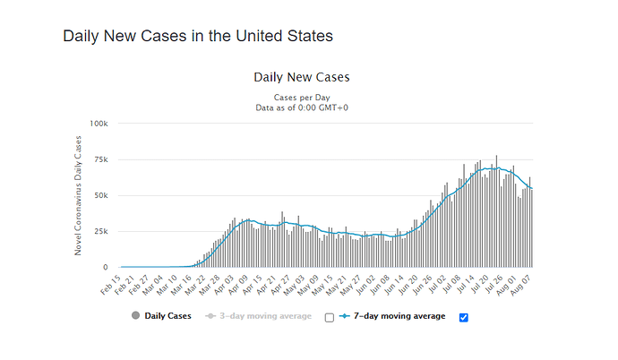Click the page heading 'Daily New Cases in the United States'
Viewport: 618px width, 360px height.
coord(197,37)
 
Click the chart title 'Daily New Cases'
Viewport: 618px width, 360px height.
coord(302,77)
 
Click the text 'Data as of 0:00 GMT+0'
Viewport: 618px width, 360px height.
coord(302,107)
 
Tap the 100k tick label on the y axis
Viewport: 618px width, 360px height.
coord(99,123)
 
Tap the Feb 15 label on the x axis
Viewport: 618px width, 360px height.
coord(112,284)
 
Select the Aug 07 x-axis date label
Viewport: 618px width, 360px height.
coord(525,284)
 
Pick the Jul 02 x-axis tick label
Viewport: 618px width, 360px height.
coord(439,284)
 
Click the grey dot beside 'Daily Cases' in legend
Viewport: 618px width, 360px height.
coord(135,316)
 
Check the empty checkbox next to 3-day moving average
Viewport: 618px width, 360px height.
coord(329,317)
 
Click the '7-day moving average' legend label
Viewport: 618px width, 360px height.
coord(400,316)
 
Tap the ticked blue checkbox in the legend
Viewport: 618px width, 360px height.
coord(462,317)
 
